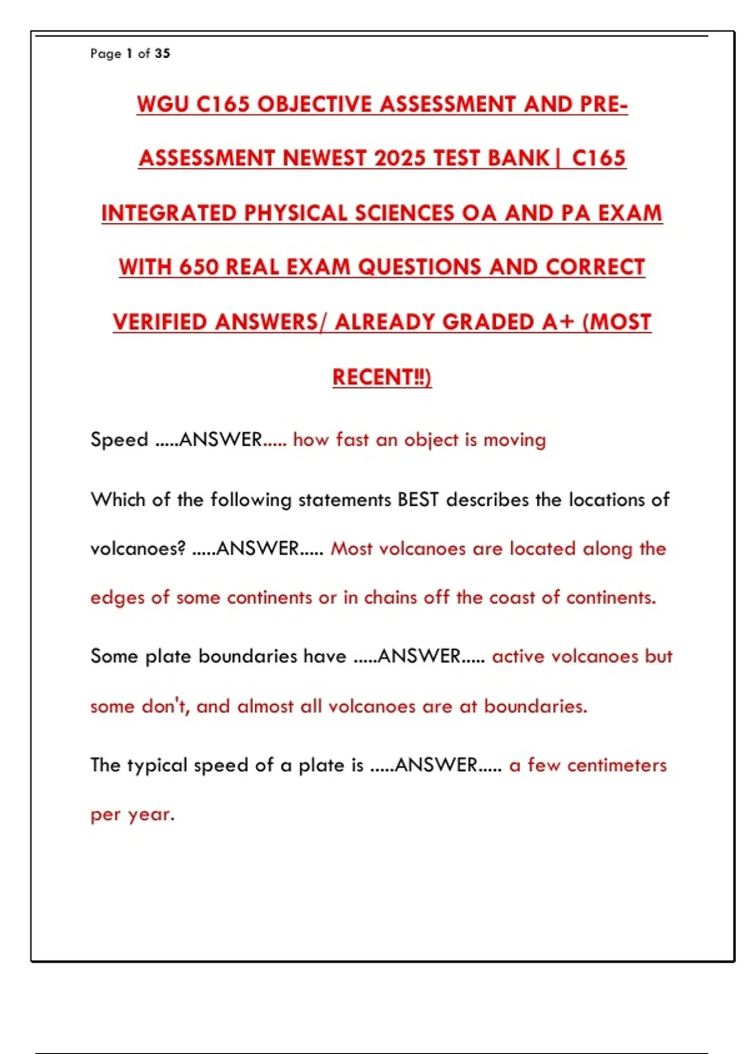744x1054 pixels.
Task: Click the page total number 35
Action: coord(162,53)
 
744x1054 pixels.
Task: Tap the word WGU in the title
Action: coord(162,104)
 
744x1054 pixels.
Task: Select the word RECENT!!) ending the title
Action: coord(382,377)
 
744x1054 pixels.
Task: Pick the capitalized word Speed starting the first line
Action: coord(119,440)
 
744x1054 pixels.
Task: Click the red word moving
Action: coord(515,440)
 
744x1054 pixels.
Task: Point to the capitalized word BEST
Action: coord(418,500)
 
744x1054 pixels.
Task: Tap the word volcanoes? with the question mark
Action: coord(138,549)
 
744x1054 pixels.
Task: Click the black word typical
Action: coord(157,766)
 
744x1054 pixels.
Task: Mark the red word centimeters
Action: coord(617,766)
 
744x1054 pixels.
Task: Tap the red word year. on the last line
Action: coord(151,815)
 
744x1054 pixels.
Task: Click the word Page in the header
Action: coord(105,54)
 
